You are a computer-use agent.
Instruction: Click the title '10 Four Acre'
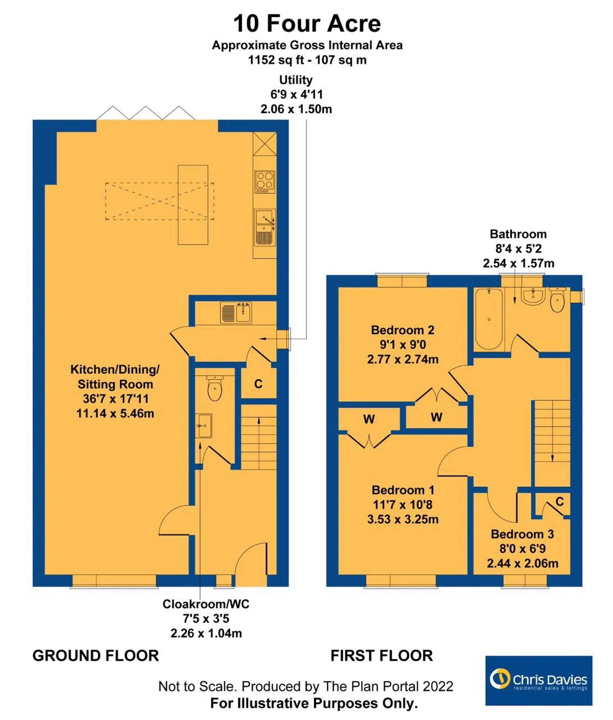coord(307,24)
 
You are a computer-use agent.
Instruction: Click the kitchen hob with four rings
coord(265,182)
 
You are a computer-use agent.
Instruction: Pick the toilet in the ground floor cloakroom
coord(215,388)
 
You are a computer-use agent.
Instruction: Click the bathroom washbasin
coord(532,296)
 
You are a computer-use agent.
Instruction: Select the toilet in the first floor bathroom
coord(558,299)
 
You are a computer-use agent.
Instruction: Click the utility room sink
coord(236,312)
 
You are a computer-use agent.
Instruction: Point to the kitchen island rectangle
coord(193,205)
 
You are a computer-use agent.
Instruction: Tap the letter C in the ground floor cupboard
coord(258,384)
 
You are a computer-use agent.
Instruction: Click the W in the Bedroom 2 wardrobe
coord(436,417)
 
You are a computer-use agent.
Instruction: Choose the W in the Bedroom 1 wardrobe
coord(369,419)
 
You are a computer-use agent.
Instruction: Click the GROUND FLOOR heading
coord(96,656)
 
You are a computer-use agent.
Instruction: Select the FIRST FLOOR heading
coord(382,656)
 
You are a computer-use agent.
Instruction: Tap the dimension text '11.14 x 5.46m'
coord(115,413)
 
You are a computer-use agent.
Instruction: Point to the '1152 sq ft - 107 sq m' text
coord(307,60)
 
